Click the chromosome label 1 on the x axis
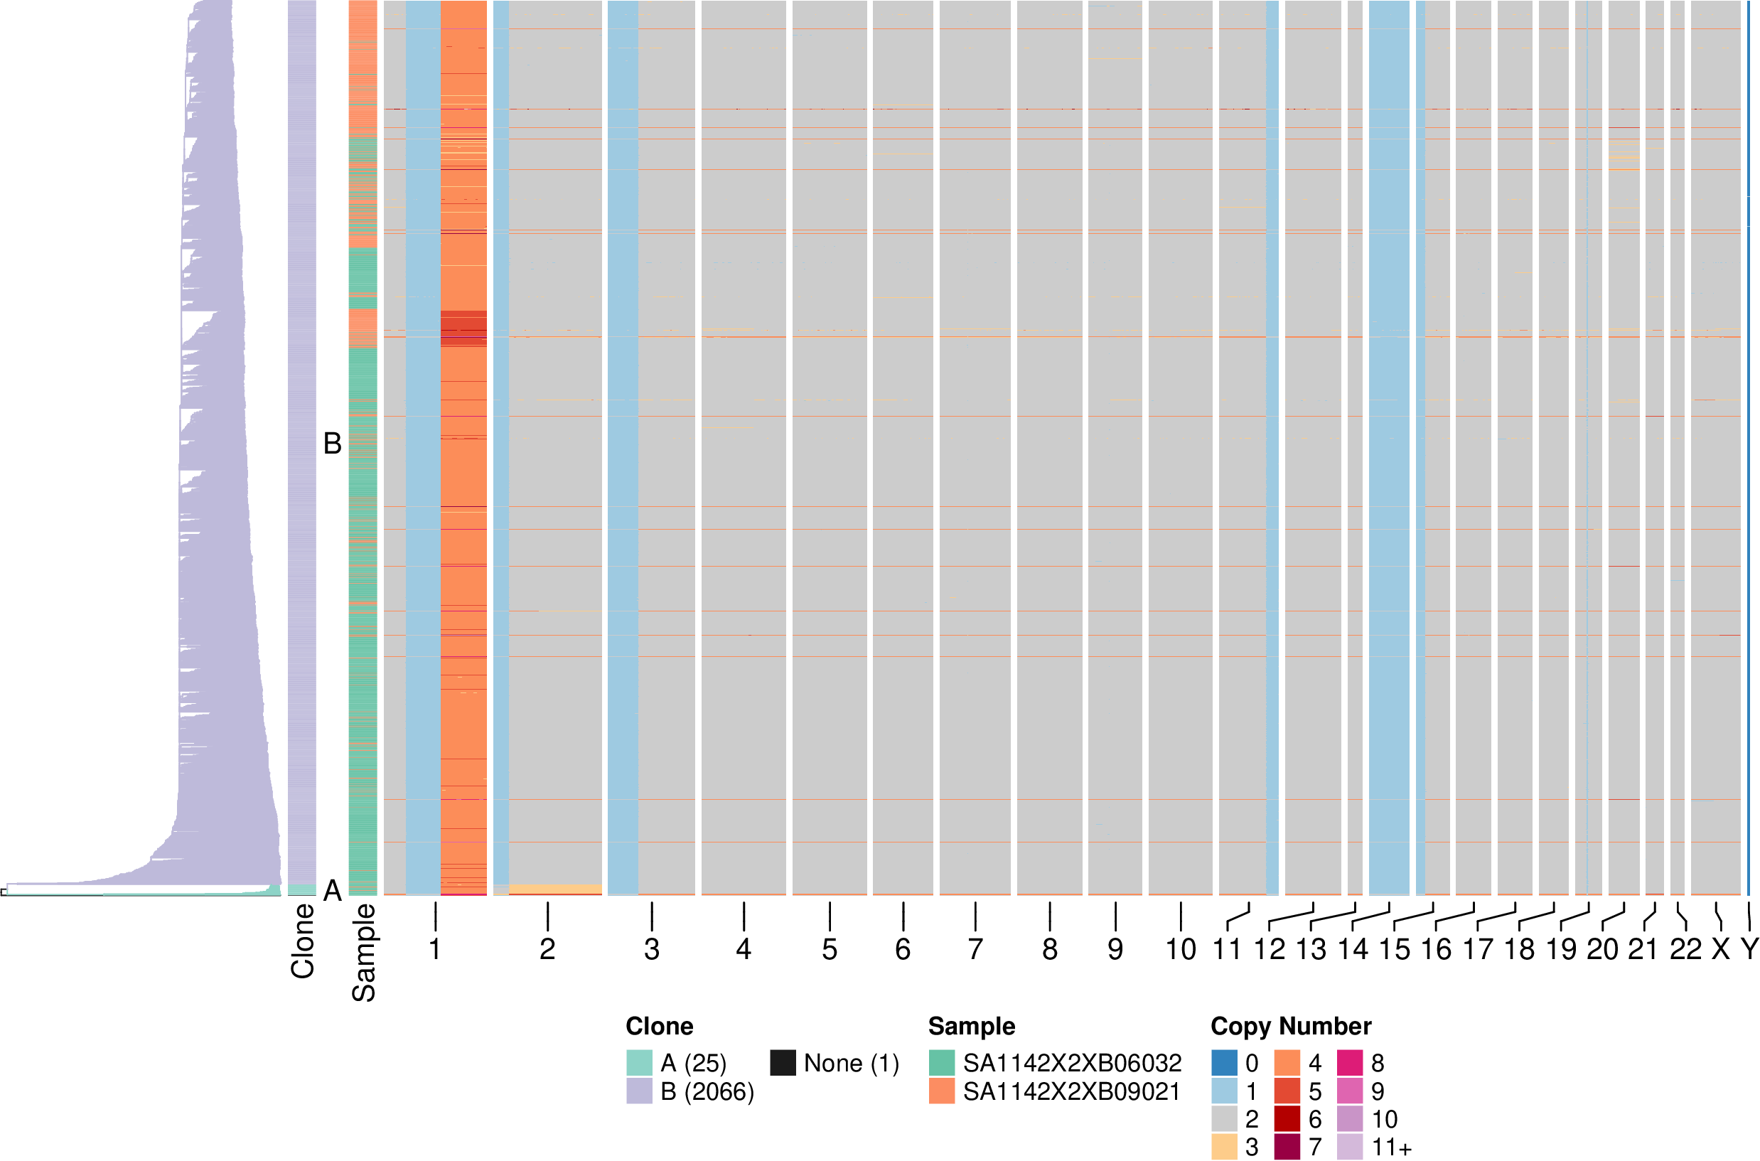434,948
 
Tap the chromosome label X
1720,948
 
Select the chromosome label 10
1181,948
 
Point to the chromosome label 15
1394,948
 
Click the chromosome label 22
1685,948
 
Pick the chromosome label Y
1749,948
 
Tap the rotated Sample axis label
363,952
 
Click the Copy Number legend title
1291,1026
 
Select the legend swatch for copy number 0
1224,1062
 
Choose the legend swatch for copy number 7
1287,1147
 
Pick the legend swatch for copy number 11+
1350,1147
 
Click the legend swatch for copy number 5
1287,1091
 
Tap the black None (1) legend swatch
783,1062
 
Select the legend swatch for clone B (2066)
640,1091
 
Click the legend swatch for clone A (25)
640,1062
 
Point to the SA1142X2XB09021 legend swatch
941,1091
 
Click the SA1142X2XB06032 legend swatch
941,1062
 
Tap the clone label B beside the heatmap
333,444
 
